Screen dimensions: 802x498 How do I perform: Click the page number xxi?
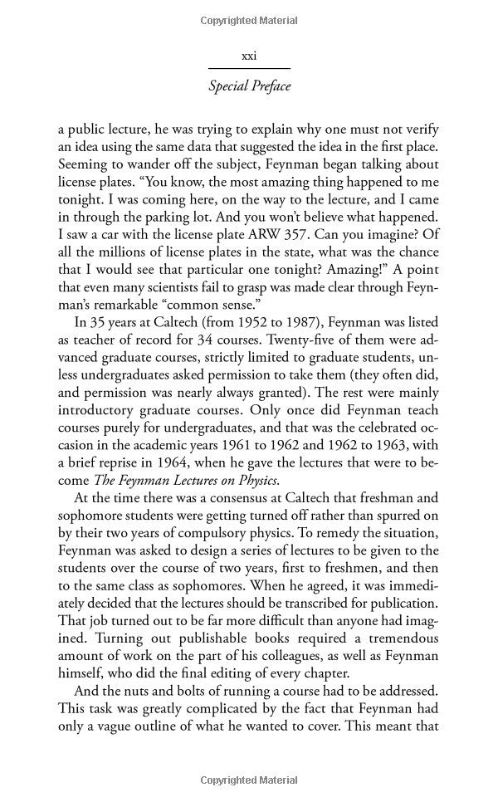coord(248,56)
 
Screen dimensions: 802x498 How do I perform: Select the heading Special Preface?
coord(248,86)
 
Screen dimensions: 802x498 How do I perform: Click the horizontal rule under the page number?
coord(248,68)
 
